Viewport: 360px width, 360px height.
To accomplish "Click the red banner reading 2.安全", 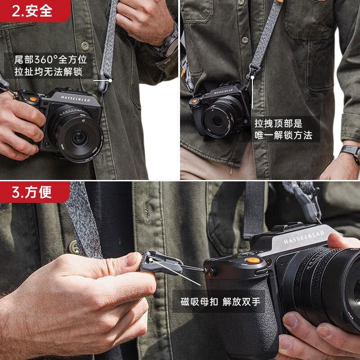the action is (35, 11).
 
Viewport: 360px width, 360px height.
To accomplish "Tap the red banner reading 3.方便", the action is (35, 192).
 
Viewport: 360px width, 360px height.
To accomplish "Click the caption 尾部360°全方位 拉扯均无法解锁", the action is (50, 66).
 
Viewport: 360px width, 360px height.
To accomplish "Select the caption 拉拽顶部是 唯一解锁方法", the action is (283, 129).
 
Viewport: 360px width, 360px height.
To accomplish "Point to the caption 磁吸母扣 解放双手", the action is (220, 301).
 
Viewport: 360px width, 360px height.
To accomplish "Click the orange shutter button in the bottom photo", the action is (253, 261).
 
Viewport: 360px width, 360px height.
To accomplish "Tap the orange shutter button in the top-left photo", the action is (33, 99).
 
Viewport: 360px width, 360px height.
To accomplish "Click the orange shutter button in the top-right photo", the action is (195, 101).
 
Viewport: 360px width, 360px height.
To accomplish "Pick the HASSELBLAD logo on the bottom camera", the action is (304, 237).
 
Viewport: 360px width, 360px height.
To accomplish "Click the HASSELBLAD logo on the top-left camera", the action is (75, 99).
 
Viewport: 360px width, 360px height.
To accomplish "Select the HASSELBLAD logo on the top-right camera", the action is (223, 91).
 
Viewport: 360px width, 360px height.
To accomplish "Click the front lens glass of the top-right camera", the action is (217, 121).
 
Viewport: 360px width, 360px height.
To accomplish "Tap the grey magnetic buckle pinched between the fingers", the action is (161, 263).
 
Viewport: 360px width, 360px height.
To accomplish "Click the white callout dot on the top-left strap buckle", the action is (110, 81).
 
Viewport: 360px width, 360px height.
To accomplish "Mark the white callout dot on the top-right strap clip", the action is (252, 77).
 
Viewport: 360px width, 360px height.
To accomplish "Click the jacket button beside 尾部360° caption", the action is (85, 46).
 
